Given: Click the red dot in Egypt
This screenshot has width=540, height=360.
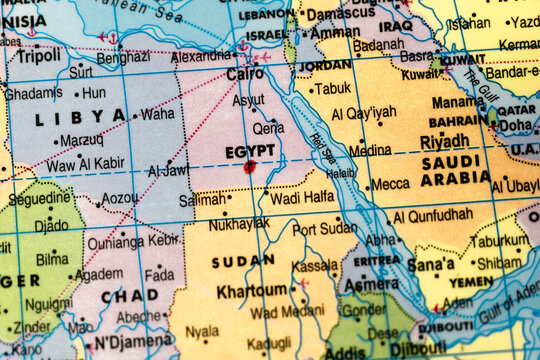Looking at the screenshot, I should [249, 167].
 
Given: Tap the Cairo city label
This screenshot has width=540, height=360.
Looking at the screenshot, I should [245, 74].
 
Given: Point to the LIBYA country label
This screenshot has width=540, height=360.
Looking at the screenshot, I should [95, 116].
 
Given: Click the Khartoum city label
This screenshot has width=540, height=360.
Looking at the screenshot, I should [251, 291].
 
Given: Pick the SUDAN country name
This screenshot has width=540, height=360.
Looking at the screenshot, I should [243, 260].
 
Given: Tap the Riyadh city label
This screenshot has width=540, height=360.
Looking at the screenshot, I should [445, 142].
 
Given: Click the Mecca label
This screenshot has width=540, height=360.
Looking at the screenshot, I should [390, 184].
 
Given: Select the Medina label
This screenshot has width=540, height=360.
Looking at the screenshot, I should [370, 150].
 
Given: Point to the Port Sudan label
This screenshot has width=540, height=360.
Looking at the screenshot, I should [324, 229].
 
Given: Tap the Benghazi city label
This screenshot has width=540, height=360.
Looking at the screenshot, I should [123, 57].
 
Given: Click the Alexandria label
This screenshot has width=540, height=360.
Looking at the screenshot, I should [201, 57].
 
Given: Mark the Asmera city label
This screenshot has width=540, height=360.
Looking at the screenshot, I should [371, 284].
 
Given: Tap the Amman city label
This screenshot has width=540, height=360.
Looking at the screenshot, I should [334, 32].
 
